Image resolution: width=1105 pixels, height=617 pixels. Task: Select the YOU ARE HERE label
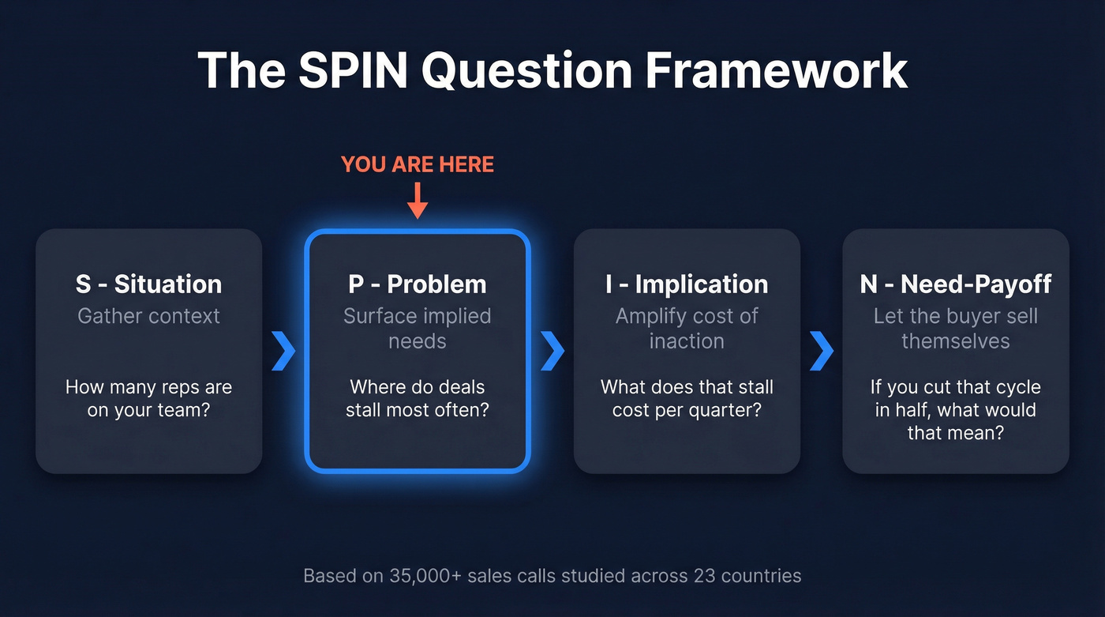[x=418, y=164]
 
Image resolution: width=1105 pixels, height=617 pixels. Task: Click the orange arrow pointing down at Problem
[x=418, y=199]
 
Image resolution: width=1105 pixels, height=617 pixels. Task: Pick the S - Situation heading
[x=148, y=284]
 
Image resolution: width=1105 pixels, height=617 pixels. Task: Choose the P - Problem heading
[x=418, y=284]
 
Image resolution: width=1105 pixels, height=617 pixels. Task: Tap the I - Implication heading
[x=687, y=284]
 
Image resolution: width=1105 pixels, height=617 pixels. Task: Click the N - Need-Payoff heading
[x=956, y=284]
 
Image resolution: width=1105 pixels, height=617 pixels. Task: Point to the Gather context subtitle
[x=148, y=316]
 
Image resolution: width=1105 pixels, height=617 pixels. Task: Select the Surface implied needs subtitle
[x=418, y=329]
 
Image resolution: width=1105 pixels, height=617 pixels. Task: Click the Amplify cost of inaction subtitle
[x=687, y=329]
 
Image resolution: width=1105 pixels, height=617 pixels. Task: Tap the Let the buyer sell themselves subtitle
[x=956, y=329]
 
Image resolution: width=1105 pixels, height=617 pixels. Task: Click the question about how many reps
[x=148, y=399]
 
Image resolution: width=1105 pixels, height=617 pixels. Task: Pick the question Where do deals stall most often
[x=418, y=399]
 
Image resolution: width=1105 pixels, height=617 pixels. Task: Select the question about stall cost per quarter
[x=687, y=399]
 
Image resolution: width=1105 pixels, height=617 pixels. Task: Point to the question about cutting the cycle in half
[x=956, y=410]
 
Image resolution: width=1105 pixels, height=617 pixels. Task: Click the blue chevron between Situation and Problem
[x=283, y=352]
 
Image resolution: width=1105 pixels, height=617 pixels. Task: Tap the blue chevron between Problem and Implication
[x=552, y=352]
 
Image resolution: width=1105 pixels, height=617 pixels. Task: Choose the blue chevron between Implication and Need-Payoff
[x=822, y=352]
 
